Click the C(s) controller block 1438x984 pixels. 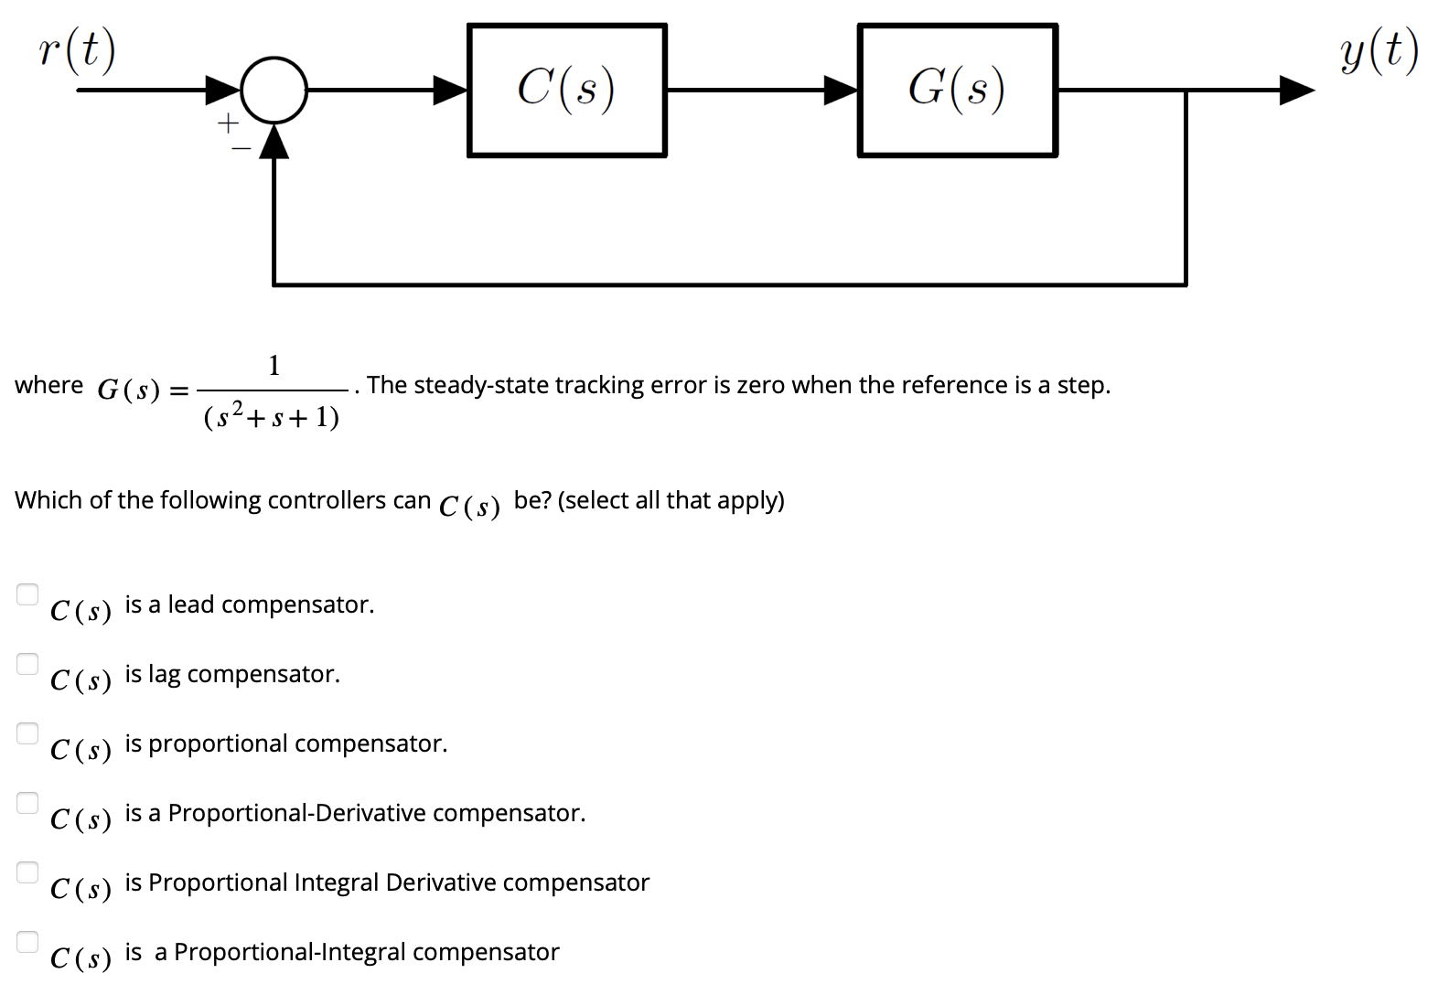point(566,91)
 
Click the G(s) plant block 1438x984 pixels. point(957,91)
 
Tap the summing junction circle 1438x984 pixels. point(274,90)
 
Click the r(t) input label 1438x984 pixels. point(78,51)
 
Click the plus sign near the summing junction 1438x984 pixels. point(227,122)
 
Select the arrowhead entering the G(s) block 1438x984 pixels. point(840,90)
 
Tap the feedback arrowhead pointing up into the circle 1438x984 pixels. point(274,141)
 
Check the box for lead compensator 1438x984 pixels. point(27,594)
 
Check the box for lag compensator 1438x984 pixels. point(27,664)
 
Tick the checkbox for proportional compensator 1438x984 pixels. point(27,733)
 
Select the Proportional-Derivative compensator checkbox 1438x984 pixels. point(27,803)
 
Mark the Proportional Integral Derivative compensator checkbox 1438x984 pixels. point(27,872)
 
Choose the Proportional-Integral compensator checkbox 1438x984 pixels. point(27,941)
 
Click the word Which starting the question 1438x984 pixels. point(48,500)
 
